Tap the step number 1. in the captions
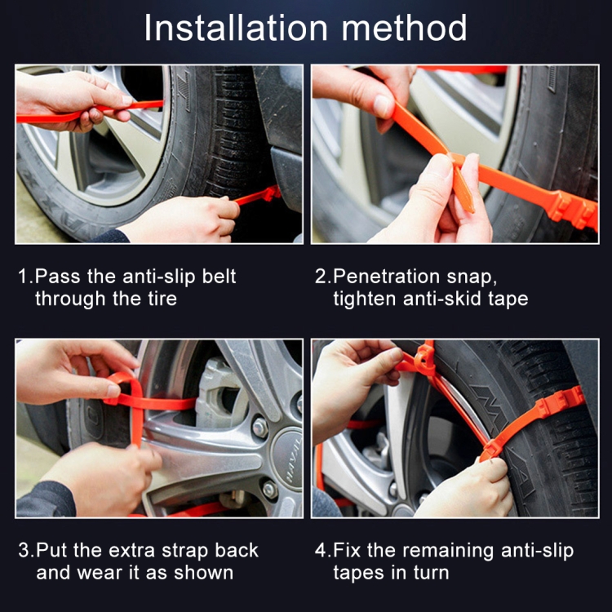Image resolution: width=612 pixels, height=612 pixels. pyautogui.click(x=25, y=277)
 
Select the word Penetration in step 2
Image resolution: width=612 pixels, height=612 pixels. pyautogui.click(x=383, y=277)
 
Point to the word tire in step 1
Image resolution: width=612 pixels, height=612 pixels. pyautogui.click(x=161, y=299)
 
